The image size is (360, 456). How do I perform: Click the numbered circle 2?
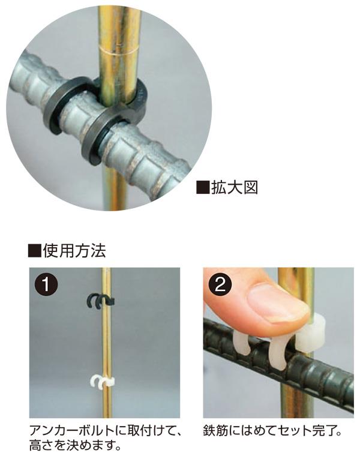coord(220,284)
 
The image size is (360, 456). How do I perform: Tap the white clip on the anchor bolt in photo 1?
coord(103,382)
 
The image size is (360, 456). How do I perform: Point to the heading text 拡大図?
coord(235,187)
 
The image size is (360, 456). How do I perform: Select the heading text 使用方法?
coord(74,250)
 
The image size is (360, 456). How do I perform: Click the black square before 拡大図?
coord(203,188)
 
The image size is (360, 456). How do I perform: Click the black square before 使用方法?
coord(34,251)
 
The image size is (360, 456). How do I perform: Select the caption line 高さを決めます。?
coord(75,446)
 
